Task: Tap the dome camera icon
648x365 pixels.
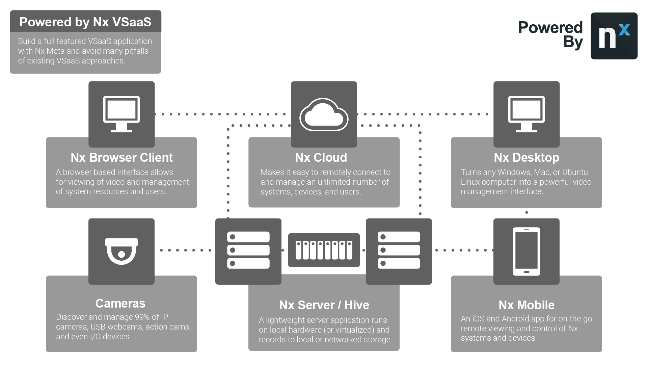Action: [122, 251]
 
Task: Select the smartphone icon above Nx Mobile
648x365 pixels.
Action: [526, 251]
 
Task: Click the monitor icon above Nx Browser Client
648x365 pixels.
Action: [122, 114]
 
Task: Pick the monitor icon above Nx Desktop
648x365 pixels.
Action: [526, 114]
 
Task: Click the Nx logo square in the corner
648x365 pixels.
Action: [614, 36]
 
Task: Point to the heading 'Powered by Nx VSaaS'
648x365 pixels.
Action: [85, 22]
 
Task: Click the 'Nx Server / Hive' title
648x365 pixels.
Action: [324, 305]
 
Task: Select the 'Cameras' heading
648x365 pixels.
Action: [120, 304]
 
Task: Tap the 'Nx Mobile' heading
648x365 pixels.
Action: [526, 305]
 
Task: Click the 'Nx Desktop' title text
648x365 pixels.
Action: [526, 158]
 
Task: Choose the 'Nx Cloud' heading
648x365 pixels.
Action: [321, 158]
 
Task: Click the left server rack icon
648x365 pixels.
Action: [248, 250]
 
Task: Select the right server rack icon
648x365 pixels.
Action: [399, 250]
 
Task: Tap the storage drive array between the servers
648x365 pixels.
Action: [324, 250]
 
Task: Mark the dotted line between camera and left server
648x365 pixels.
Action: [185, 250]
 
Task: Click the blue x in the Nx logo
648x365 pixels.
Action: [624, 30]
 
